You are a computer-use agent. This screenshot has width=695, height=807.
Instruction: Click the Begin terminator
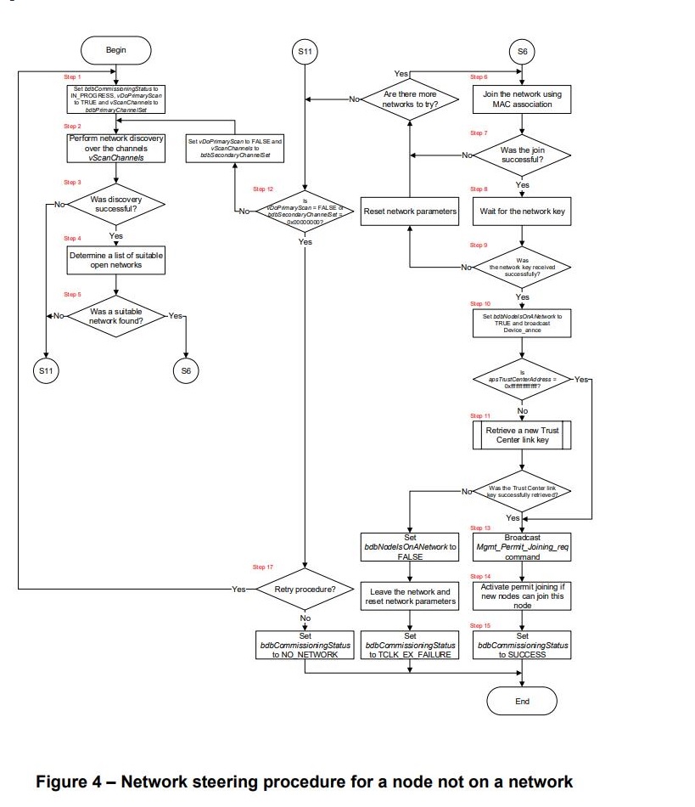[x=115, y=50]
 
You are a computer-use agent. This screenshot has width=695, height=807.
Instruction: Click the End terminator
[x=522, y=701]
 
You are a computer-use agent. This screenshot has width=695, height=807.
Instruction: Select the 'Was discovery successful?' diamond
[x=115, y=204]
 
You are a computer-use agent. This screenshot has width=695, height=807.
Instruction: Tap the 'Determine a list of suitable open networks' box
[x=115, y=259]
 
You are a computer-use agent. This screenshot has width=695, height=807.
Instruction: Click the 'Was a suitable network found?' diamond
[x=115, y=316]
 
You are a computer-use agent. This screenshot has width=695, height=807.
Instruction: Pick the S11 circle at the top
[x=305, y=52]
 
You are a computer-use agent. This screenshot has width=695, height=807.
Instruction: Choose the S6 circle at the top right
[x=522, y=52]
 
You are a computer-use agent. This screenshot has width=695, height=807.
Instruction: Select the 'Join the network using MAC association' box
[x=522, y=99]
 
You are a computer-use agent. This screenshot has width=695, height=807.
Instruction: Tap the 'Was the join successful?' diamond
[x=522, y=155]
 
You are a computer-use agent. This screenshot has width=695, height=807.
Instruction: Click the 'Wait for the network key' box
[x=522, y=211]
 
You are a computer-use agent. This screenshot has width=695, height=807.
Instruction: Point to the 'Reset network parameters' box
[x=411, y=211]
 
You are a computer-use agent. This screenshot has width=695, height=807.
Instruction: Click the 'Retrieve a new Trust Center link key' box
[x=522, y=436]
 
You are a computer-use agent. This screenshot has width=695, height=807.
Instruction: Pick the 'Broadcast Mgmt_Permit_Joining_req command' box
[x=522, y=547]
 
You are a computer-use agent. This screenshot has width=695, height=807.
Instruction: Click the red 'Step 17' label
[x=263, y=567]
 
